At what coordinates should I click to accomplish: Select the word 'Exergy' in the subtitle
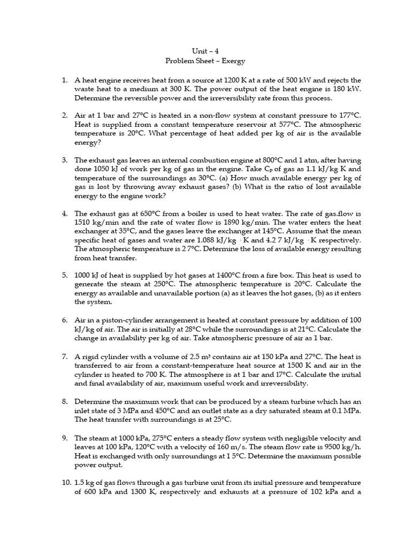click(233, 61)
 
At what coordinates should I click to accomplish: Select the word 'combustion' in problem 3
click(192, 160)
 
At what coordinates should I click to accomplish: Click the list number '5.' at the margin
click(65, 275)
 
